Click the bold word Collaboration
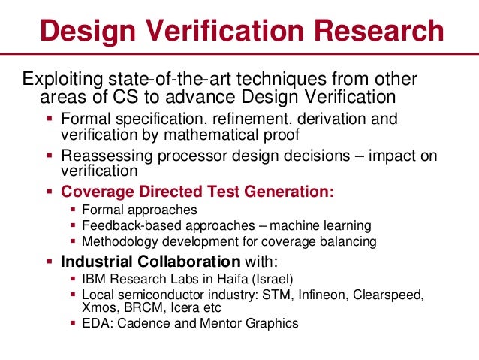187,262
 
